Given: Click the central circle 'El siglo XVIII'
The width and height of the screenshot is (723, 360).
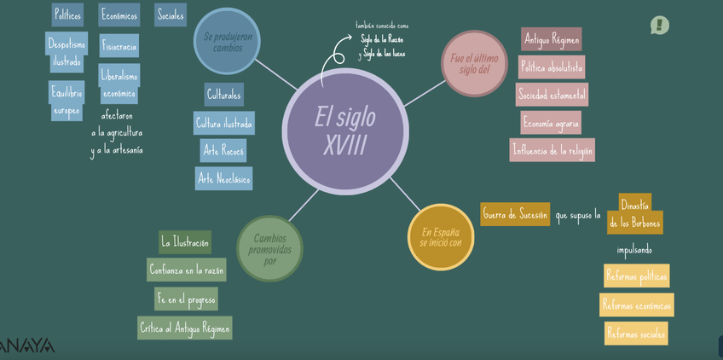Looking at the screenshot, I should point(344,131).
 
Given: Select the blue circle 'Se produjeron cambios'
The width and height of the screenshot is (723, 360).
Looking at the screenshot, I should point(227,42).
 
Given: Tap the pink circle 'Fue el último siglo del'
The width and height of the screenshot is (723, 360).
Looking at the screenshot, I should point(474,63).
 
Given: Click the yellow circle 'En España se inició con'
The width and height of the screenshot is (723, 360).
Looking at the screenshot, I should point(440,236).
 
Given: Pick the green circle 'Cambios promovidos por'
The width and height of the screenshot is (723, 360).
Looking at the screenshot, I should point(269,248).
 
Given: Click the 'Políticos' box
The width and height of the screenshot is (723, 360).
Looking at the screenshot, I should point(67,15).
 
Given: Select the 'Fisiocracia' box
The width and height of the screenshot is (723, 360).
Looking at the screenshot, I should point(119,46).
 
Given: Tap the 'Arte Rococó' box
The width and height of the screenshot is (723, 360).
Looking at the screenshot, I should point(223,151).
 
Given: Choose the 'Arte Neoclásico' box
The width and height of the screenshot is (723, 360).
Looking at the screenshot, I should point(223,178).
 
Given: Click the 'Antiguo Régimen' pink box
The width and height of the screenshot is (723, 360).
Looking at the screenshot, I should point(551,39).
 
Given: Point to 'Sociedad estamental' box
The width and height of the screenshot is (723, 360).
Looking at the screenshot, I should point(551,95).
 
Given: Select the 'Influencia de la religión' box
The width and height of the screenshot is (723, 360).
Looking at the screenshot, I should point(552,150).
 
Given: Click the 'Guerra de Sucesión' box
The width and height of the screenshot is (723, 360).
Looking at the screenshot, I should point(515,214).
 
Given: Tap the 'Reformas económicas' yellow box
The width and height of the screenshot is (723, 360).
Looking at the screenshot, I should point(636,305).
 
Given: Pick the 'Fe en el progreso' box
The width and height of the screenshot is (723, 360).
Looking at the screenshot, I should point(186,299).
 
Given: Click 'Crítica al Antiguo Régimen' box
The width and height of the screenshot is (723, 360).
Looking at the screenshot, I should point(185,328).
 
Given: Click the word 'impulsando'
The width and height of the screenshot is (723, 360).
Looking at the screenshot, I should point(634,250).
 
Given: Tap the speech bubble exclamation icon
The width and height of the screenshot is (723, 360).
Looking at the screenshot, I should point(659,26).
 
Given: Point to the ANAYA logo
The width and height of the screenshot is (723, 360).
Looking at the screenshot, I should point(26,345).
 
